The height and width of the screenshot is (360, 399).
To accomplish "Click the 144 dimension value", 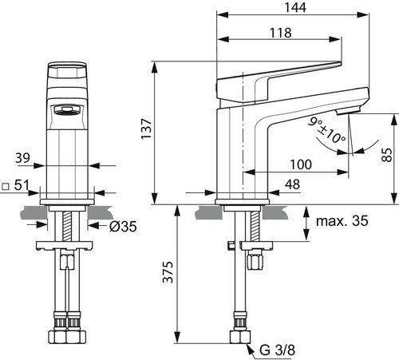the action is pyautogui.click(x=295, y=7).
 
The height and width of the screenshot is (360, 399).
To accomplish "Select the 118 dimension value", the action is pyautogui.click(x=281, y=33).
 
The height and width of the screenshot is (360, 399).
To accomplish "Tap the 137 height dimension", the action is pyautogui.click(x=146, y=129).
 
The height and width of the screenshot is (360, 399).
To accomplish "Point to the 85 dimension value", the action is pyautogui.click(x=387, y=155).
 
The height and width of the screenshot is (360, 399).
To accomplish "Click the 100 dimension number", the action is pyautogui.click(x=301, y=164).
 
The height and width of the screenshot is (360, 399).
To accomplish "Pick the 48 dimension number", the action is pyautogui.click(x=292, y=184).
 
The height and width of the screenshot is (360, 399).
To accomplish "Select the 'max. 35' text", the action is pyautogui.click(x=342, y=221).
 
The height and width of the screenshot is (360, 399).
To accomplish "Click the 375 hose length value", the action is pyautogui.click(x=168, y=272).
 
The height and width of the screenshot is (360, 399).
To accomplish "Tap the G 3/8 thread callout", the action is pyautogui.click(x=277, y=350).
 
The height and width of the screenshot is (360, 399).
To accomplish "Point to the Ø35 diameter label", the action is pyautogui.click(x=123, y=227).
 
